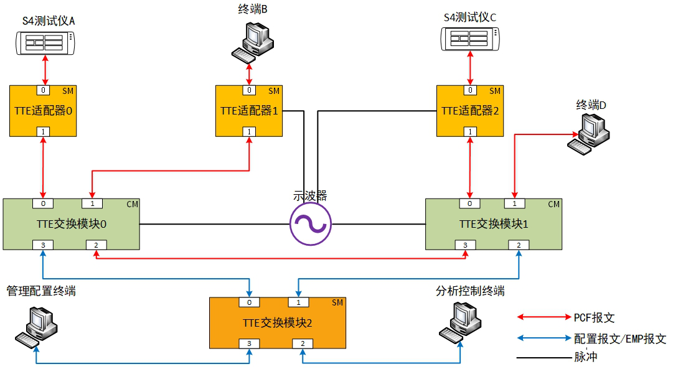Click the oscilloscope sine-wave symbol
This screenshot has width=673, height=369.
tap(310, 223)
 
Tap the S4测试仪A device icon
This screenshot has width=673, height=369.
tap(45, 42)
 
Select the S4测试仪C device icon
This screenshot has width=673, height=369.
tap(470, 40)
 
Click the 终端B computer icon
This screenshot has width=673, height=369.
tap(253, 42)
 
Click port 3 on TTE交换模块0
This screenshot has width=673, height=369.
tap(43, 245)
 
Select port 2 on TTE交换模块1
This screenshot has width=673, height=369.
tap(518, 245)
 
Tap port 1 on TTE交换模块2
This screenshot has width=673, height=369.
tap(298, 302)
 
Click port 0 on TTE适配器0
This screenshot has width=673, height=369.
tap(43, 91)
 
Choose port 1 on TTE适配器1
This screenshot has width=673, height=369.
tap(250, 132)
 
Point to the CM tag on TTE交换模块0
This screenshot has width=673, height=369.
tap(133, 204)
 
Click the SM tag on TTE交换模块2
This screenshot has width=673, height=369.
tap(337, 302)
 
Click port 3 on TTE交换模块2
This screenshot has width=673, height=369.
tap(249, 343)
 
